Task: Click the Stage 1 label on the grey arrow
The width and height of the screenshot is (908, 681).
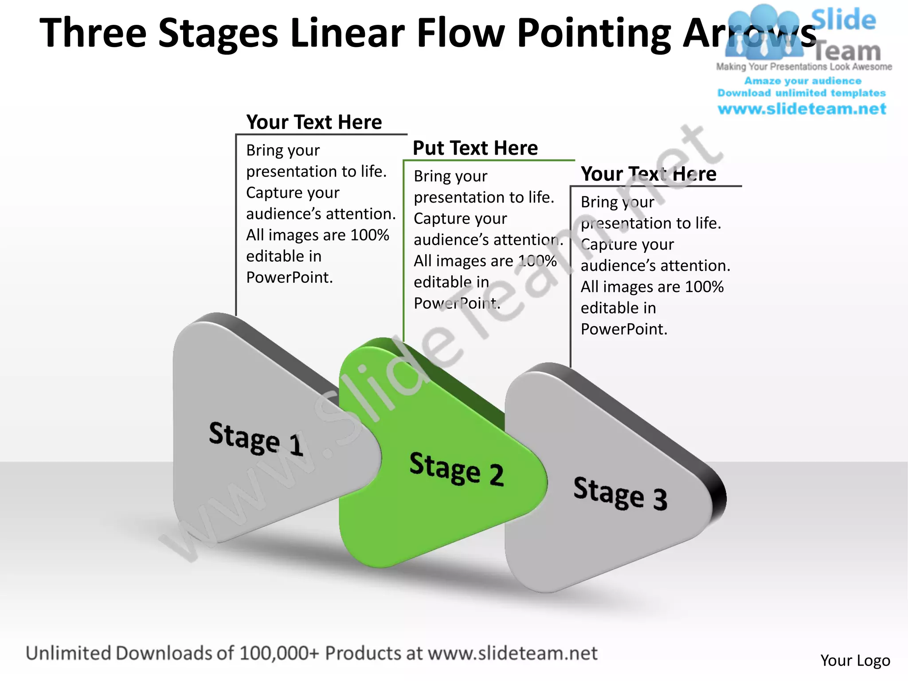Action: coord(256,439)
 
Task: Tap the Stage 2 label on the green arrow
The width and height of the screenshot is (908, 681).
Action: coord(457,469)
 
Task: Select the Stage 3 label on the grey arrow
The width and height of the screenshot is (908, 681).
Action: coord(620,494)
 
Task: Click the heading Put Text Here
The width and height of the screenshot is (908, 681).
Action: coord(475,148)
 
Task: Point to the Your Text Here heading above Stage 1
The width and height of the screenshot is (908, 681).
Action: coord(314,122)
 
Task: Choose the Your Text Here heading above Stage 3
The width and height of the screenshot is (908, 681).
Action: coord(649,174)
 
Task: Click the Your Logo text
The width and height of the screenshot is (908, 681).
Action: coord(855,661)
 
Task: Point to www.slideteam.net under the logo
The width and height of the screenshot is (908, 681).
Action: coord(802,109)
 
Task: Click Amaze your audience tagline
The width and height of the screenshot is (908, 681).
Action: coord(803,81)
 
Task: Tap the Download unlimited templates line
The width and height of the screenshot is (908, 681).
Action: coord(802,93)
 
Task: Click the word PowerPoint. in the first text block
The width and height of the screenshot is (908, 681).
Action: coord(290,278)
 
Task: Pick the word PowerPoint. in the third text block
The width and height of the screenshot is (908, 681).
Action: coord(624,329)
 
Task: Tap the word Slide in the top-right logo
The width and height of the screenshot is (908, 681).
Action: coord(844,20)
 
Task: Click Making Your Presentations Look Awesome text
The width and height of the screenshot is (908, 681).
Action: coord(804,67)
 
